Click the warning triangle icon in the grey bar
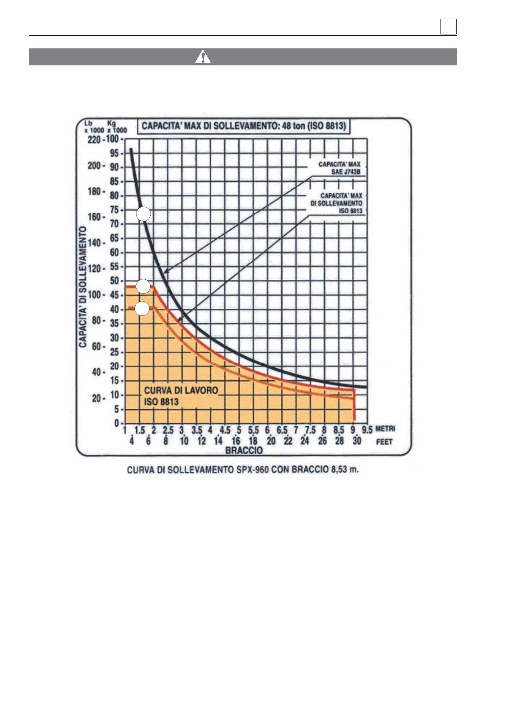coord(203,57)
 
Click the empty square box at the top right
coord(449,27)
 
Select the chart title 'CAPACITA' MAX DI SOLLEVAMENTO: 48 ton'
coord(244,126)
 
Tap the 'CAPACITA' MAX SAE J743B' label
coord(339,168)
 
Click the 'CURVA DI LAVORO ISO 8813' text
coord(181,396)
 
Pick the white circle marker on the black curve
coord(143,215)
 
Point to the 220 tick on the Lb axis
coord(94,140)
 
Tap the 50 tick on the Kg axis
coord(114,281)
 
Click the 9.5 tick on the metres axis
coord(367,430)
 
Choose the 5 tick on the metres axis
coord(239,430)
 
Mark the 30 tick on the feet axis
coord(356,441)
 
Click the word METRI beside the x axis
coord(385,429)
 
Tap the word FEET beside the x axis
coord(384,442)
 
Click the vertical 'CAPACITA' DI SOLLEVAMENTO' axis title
coord(83,287)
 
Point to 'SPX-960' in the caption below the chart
coord(239,470)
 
